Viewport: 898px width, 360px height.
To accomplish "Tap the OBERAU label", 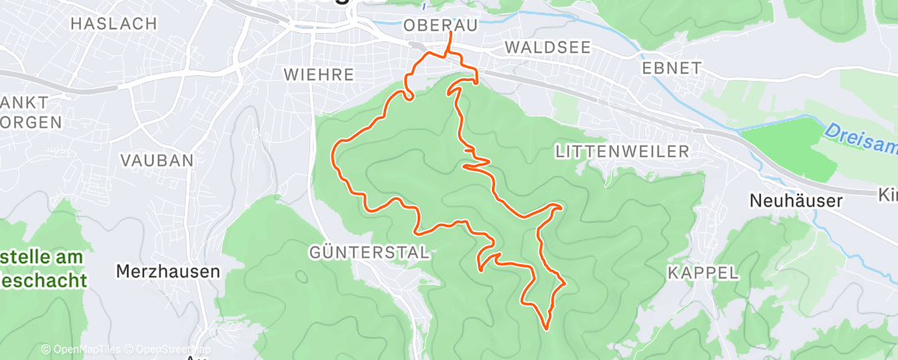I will [x=441, y=26].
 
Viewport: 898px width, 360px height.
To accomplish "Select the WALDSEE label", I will [x=548, y=48].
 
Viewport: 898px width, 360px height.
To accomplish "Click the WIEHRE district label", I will [x=319, y=75].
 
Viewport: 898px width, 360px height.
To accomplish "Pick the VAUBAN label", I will [x=157, y=160].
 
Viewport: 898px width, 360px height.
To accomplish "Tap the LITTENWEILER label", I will [x=622, y=151].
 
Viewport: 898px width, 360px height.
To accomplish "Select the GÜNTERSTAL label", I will [x=370, y=253].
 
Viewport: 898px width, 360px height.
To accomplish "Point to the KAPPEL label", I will [x=703, y=273].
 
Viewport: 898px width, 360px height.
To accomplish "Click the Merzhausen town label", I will [x=168, y=271].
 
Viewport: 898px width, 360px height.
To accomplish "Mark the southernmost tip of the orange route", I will [x=546, y=328].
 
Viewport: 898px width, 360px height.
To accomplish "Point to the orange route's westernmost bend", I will [x=333, y=153].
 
